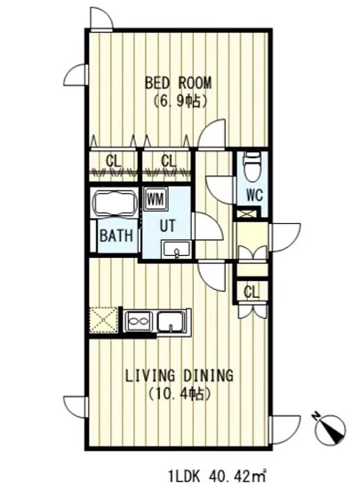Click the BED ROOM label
(x=178, y=84)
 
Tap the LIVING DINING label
(x=180, y=375)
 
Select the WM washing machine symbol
(x=156, y=198)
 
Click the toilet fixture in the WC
(x=252, y=166)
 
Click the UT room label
(x=168, y=226)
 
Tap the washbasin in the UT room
(x=176, y=250)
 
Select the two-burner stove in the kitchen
(x=138, y=321)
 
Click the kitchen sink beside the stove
(x=171, y=321)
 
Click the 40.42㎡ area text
(x=236, y=477)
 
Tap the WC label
(x=254, y=196)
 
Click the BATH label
(x=116, y=236)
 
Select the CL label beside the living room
(x=252, y=293)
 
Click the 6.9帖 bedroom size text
(x=180, y=101)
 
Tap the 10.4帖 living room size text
(x=180, y=394)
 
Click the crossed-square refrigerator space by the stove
(x=103, y=320)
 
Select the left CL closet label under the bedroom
(x=114, y=161)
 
